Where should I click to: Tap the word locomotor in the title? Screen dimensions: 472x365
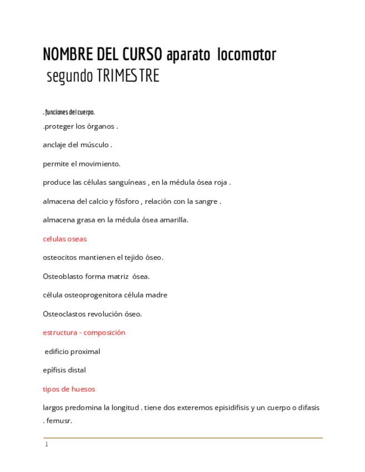coord(247,55)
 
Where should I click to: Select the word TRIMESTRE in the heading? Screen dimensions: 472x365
coord(128,76)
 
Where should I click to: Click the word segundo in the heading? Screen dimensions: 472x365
coord(69,76)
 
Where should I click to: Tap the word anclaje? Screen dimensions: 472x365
coord(54,145)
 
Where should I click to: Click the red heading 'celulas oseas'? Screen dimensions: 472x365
coord(65,239)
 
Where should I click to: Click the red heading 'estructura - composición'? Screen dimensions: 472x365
coord(84,333)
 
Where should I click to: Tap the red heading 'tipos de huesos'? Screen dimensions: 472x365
coord(69,389)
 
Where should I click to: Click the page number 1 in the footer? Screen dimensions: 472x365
coord(47,444)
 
